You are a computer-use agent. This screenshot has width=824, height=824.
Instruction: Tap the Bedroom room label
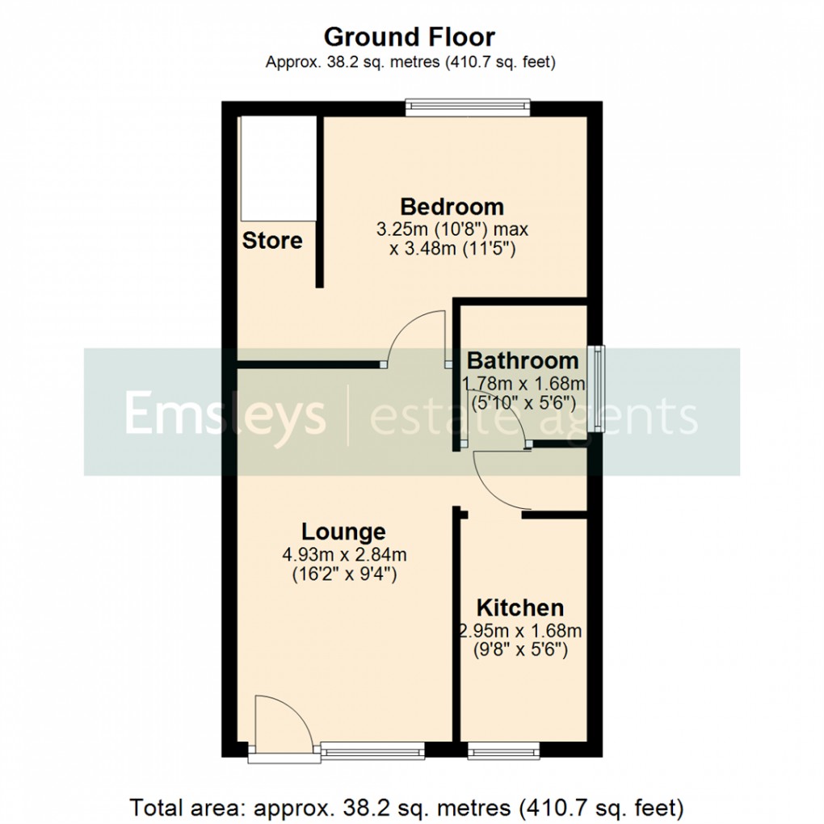point(452,207)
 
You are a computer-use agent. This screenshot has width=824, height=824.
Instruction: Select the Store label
point(272,240)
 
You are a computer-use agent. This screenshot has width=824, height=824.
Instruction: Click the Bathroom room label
point(523,359)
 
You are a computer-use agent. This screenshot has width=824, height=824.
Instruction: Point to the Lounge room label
point(343,532)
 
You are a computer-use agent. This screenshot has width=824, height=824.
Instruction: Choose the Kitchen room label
point(519,607)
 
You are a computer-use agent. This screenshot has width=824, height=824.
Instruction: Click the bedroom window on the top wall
point(468,108)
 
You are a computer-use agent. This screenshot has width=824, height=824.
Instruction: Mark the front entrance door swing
point(278,723)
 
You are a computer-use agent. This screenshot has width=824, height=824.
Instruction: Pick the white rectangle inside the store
point(278,167)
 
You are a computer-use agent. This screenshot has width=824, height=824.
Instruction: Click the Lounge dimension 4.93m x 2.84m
point(343,555)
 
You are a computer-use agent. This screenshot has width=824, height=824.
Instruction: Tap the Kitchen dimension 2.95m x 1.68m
point(519,630)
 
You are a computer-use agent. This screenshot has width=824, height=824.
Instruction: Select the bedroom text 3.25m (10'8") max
point(452,229)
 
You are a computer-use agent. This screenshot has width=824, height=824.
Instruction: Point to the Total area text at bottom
point(407,806)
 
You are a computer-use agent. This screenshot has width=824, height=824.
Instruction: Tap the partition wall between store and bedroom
point(320,201)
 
